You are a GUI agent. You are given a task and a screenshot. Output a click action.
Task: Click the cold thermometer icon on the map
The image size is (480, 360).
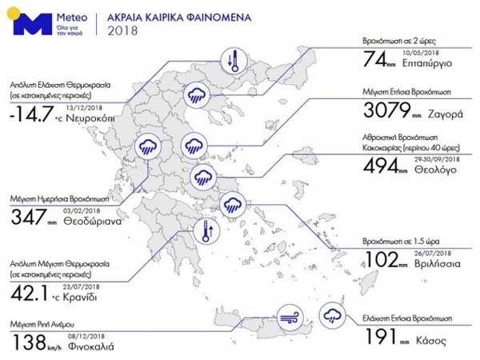pos(234,61)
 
